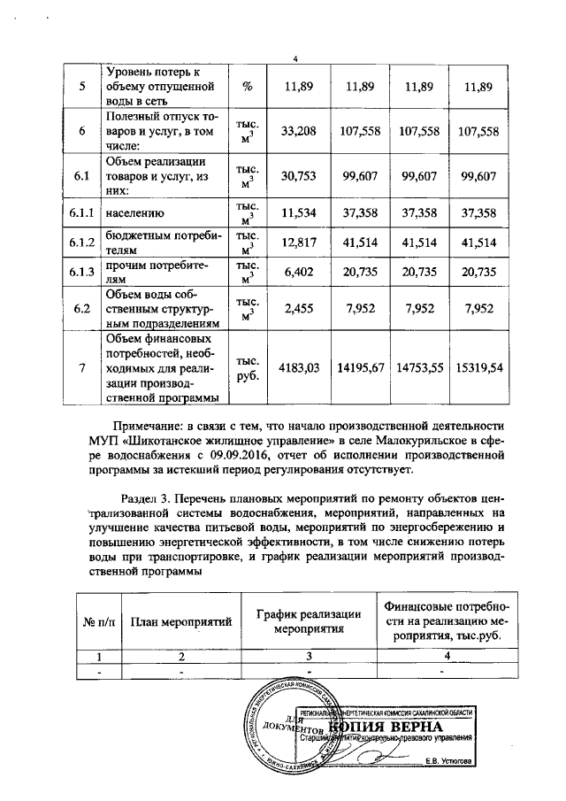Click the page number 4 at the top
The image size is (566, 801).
(294, 58)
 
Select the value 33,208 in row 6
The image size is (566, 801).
(298, 131)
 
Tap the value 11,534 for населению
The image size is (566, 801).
(298, 213)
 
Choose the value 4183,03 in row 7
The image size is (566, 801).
(298, 367)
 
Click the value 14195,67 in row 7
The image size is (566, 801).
(359, 367)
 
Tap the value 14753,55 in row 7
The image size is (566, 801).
(419, 367)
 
